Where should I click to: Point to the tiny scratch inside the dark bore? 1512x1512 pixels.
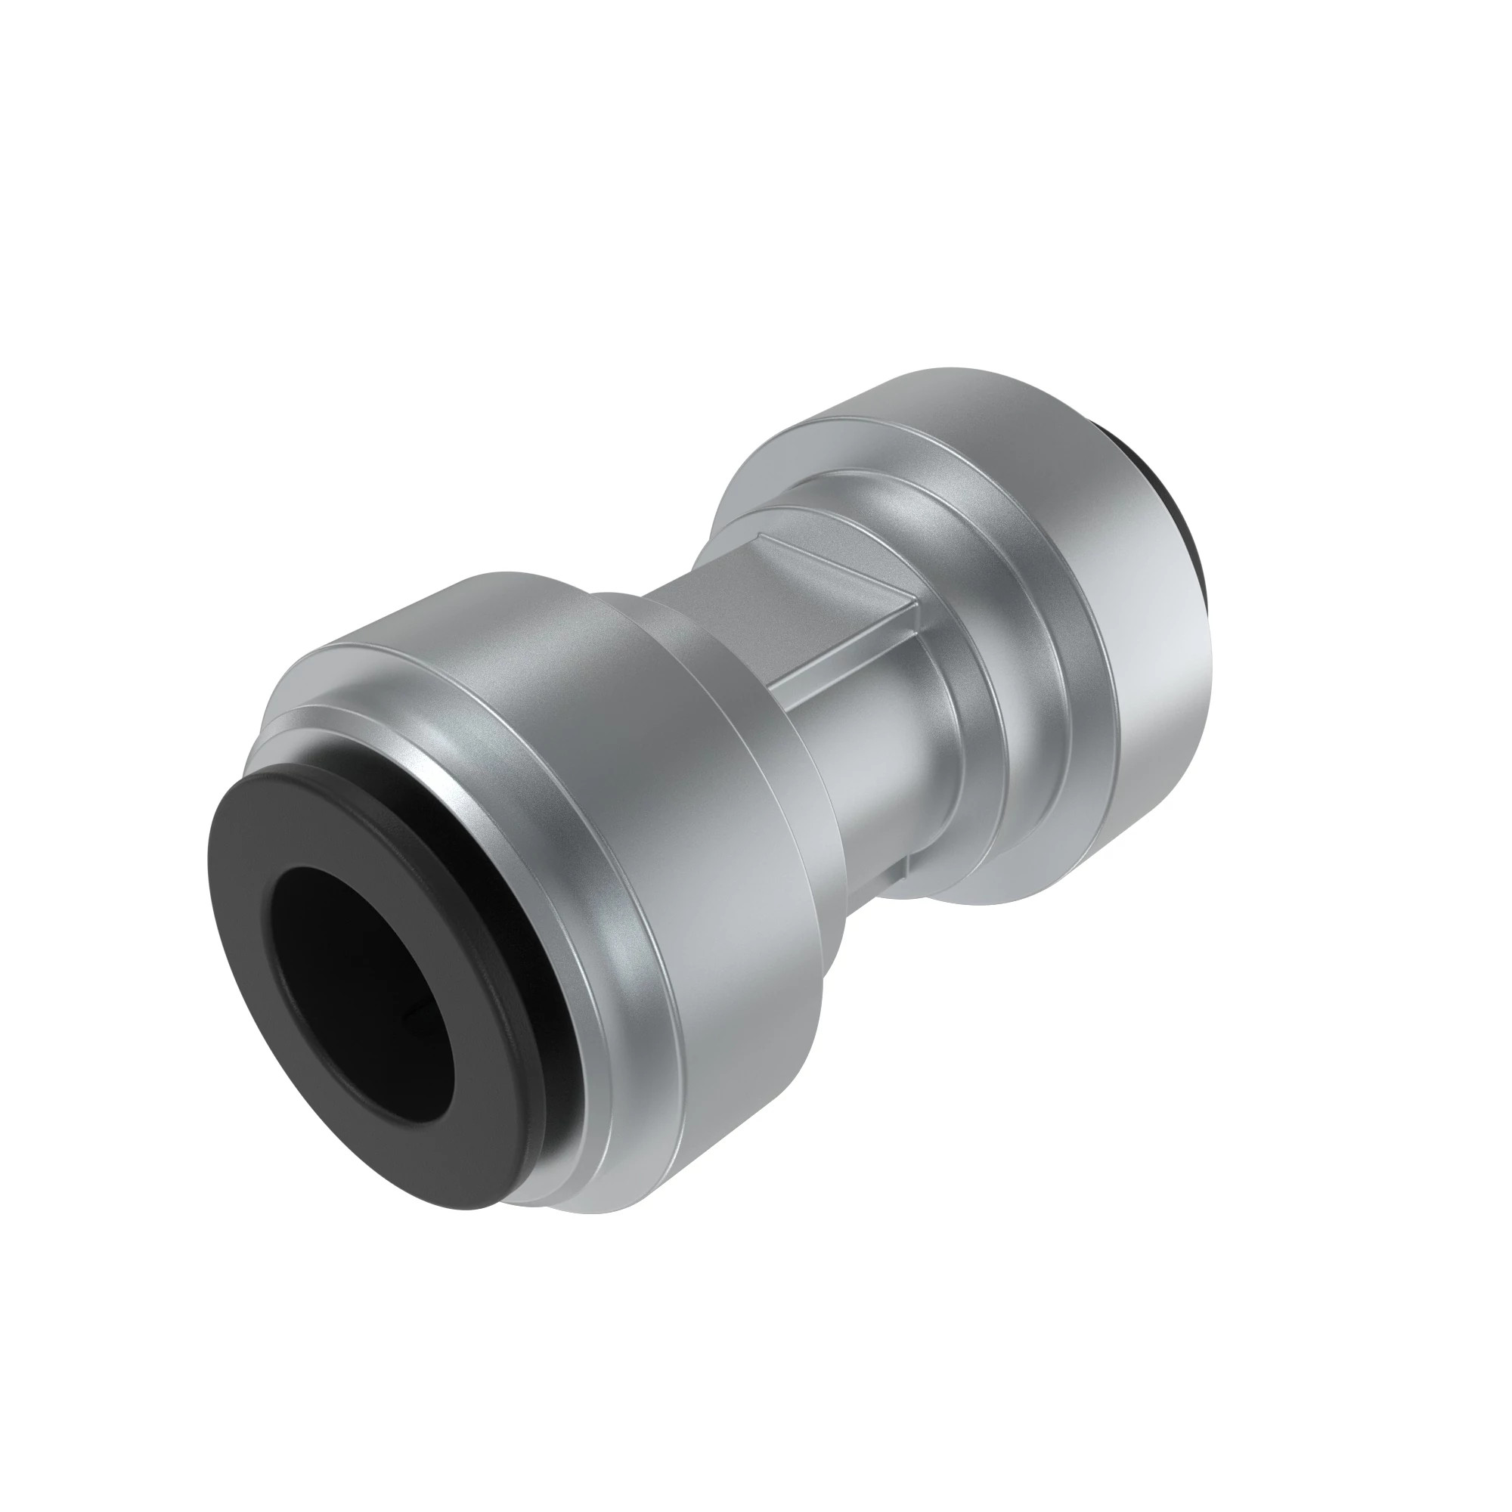tap(406, 1017)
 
